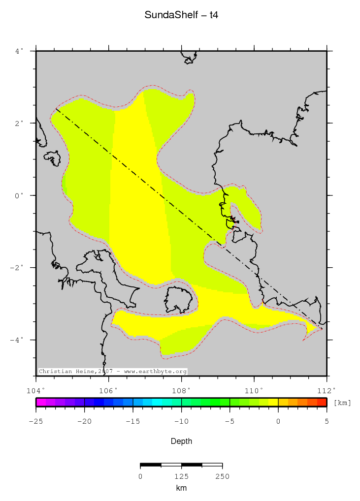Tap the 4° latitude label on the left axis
pyautogui.click(x=19, y=51)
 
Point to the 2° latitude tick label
pyautogui.click(x=19, y=123)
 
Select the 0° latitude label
pyautogui.click(x=19, y=195)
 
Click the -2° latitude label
pyautogui.click(x=17, y=268)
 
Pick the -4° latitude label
pyautogui.click(x=17, y=340)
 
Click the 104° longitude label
pyautogui.click(x=36, y=390)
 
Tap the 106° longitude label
pyautogui.click(x=108, y=390)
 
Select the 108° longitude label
pyautogui.click(x=181, y=390)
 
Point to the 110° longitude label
pyautogui.click(x=254, y=390)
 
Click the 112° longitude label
pyautogui.click(x=326, y=390)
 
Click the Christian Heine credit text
pyautogui.click(x=113, y=371)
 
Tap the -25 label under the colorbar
pyautogui.click(x=36, y=421)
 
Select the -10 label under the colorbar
pyautogui.click(x=181, y=421)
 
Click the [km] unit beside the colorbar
pyautogui.click(x=342, y=403)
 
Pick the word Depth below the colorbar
pyautogui.click(x=181, y=441)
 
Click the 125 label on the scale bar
pyautogui.click(x=181, y=476)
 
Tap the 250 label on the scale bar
pyautogui.click(x=222, y=476)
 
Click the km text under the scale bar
pyautogui.click(x=181, y=488)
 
